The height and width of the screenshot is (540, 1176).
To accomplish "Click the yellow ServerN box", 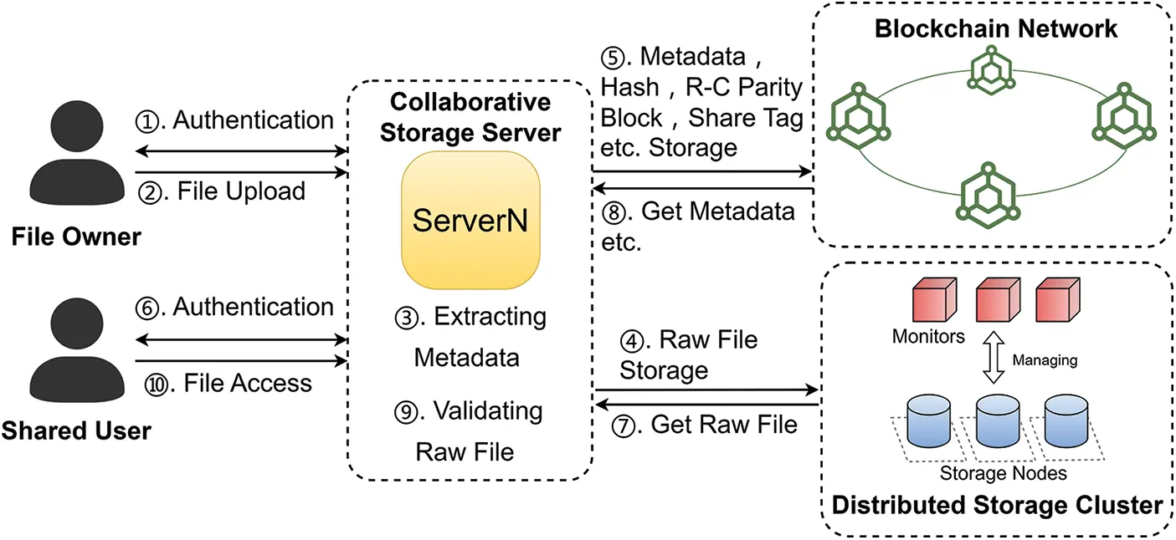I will (470, 220).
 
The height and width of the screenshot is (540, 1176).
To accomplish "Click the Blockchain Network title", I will (995, 28).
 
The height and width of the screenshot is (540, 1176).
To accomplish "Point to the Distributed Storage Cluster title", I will (997, 505).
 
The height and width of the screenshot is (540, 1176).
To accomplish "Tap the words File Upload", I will (241, 191).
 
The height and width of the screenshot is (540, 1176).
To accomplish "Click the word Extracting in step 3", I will (490, 318).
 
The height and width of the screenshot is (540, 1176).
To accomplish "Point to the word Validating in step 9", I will (488, 411).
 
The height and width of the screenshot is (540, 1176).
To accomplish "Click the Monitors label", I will (928, 337).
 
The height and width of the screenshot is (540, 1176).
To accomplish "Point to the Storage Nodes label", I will (1003, 473).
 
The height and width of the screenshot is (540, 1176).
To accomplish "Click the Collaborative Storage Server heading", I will (470, 117).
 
